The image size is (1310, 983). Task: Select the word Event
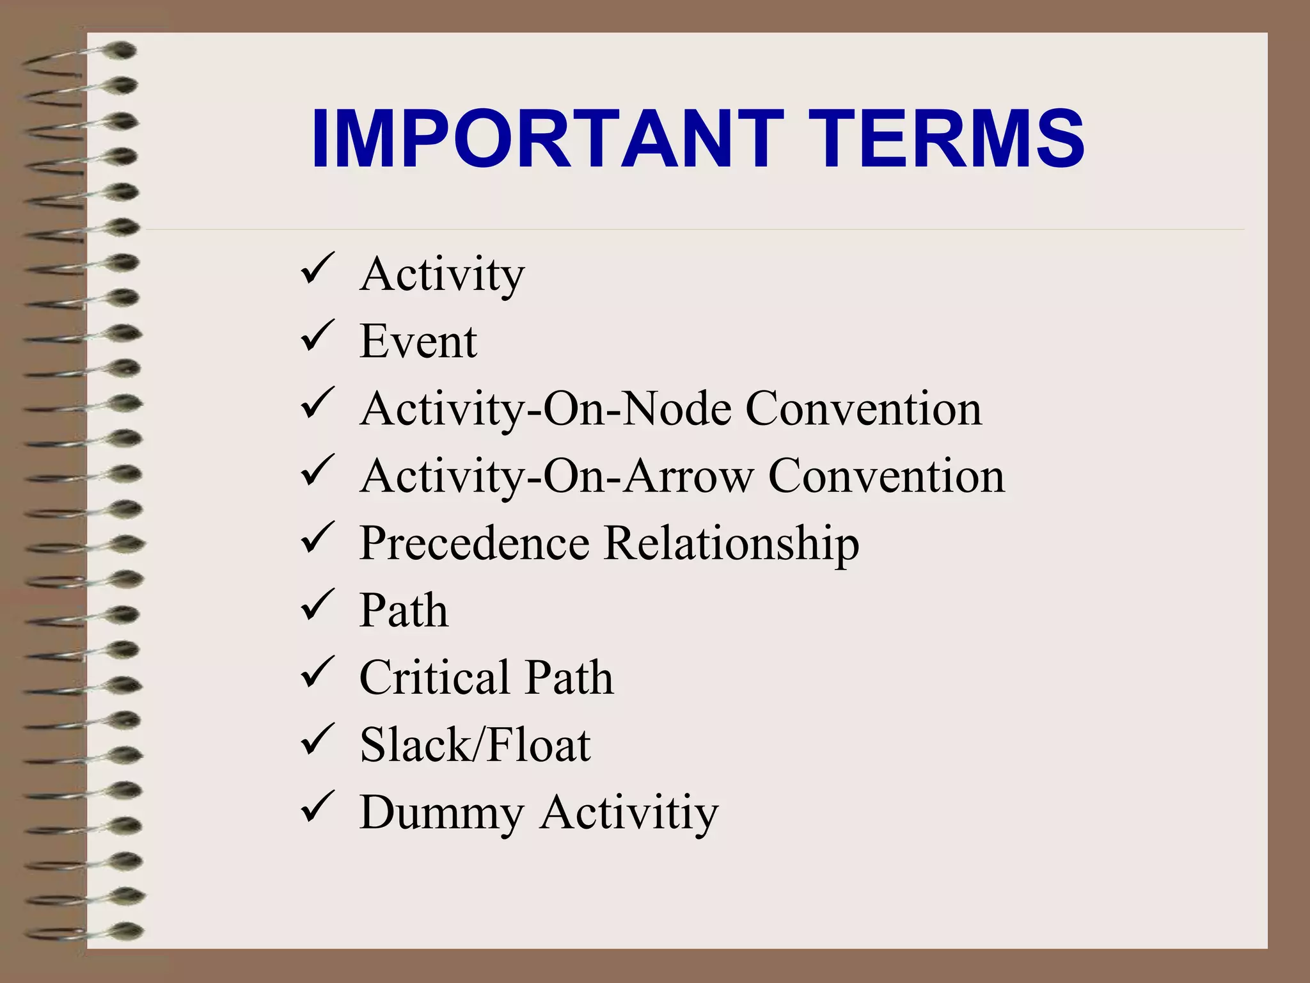coord(418,341)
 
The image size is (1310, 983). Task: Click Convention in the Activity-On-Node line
coord(864,408)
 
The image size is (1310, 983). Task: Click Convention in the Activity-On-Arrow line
coord(887,476)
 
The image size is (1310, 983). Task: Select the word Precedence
coord(474,543)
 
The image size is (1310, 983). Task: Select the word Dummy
coord(441,813)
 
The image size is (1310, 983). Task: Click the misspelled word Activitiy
coord(629,813)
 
